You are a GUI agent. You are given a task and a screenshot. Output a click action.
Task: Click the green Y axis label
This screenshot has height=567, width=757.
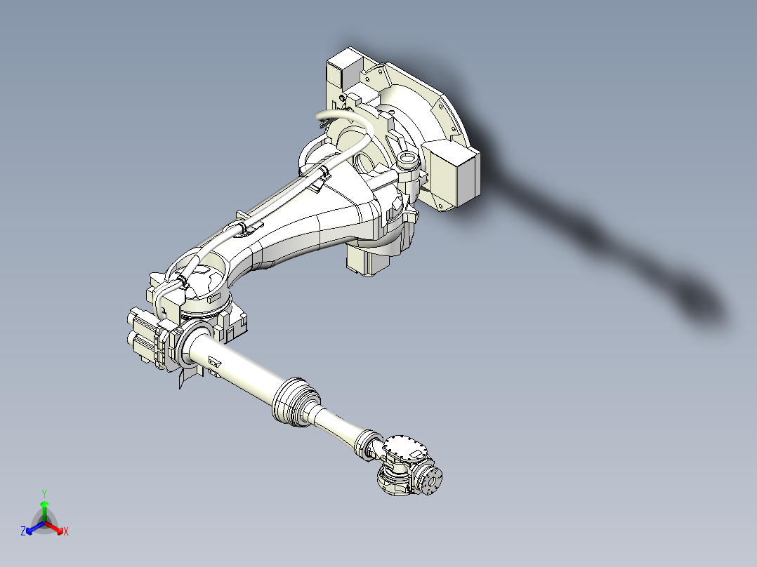coord(44,493)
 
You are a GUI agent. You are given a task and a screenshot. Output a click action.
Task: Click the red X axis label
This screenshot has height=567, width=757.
coord(66,531)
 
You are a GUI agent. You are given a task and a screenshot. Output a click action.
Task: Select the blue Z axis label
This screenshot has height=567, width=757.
coord(23,531)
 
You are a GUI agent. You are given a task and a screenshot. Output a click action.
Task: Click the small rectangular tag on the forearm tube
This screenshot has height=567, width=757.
coord(214,363)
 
